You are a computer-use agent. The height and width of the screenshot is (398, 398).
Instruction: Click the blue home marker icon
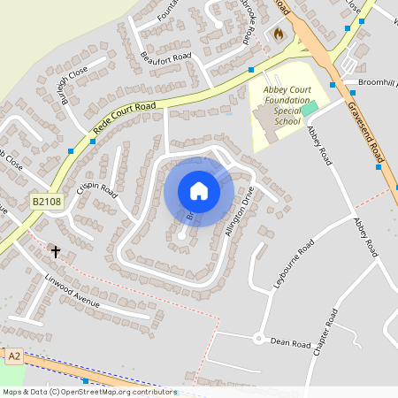pyautogui.click(x=199, y=191)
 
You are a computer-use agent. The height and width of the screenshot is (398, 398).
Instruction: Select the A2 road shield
pyautogui.click(x=13, y=356)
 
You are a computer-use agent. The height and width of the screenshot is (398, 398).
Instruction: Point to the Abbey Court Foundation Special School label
pyautogui.click(x=275, y=104)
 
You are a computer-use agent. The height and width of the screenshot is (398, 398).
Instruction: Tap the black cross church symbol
pyautogui.click(x=56, y=252)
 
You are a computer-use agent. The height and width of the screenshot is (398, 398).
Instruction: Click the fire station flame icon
pyautogui.click(x=278, y=34)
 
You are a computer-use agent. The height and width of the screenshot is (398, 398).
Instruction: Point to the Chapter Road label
pyautogui.click(x=326, y=333)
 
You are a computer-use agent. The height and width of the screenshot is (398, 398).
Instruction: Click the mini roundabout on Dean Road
pyautogui.click(x=258, y=338)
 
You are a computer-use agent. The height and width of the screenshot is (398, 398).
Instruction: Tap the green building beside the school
pyautogui.click(x=310, y=108)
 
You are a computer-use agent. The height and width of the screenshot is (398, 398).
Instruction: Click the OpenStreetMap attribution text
pyautogui.click(x=89, y=392)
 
